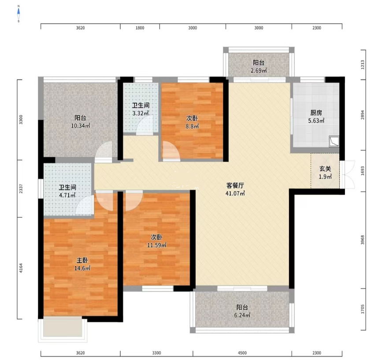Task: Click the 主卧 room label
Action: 82,260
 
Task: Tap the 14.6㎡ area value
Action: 82,268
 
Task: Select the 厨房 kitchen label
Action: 316,113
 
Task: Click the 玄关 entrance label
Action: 325,169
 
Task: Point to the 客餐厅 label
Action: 236,186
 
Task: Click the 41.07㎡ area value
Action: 236,193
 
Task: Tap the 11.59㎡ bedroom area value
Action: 156,245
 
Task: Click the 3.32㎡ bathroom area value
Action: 141,113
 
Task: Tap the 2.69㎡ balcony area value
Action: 259,71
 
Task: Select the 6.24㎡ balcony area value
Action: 242,315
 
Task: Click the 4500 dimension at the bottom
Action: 242,353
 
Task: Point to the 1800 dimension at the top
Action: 140,28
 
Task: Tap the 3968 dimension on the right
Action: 363,240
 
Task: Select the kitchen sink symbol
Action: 334,141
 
